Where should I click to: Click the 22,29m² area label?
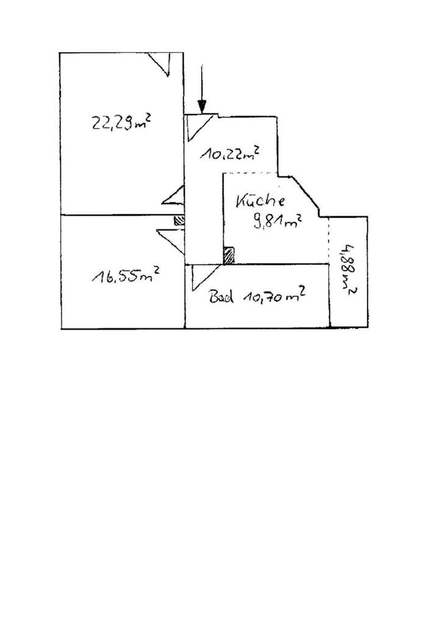(x=121, y=122)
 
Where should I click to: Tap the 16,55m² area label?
(x=126, y=274)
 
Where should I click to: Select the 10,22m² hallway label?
(x=230, y=152)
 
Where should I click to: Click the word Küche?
(x=260, y=200)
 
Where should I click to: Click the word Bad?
(x=221, y=297)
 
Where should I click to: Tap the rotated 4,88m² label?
(x=348, y=270)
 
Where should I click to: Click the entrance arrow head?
(x=202, y=107)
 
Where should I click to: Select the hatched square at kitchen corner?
(x=229, y=255)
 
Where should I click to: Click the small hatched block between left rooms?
(x=179, y=221)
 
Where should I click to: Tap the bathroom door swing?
(x=205, y=278)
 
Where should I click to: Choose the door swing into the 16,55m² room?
(x=171, y=241)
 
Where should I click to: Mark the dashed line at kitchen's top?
(x=250, y=173)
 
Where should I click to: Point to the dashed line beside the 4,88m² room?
(x=329, y=240)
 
